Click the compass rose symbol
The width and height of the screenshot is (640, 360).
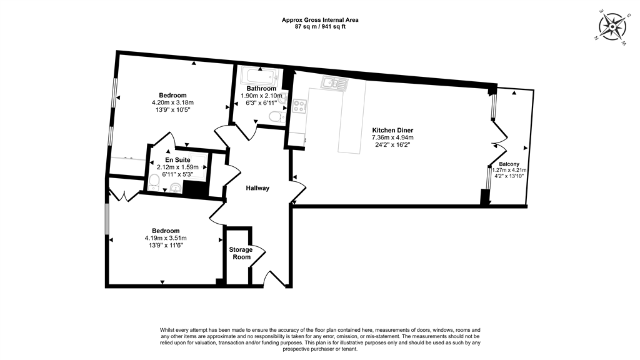(612, 27)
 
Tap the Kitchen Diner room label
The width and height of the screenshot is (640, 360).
(392, 130)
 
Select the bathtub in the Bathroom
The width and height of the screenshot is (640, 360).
(257, 77)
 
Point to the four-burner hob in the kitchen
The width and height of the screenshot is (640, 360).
(298, 106)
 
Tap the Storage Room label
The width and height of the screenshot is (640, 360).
(241, 253)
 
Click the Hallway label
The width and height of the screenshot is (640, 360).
(257, 188)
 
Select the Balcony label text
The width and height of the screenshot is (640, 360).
(509, 164)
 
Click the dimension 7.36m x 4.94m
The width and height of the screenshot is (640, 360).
(392, 137)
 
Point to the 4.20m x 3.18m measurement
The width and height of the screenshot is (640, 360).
(172, 102)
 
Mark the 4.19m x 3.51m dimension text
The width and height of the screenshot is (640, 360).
(166, 238)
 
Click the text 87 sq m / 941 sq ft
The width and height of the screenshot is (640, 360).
(320, 27)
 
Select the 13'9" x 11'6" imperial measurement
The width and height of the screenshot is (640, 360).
(166, 246)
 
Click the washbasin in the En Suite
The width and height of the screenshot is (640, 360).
(175, 187)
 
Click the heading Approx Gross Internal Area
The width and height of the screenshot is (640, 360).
(320, 20)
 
